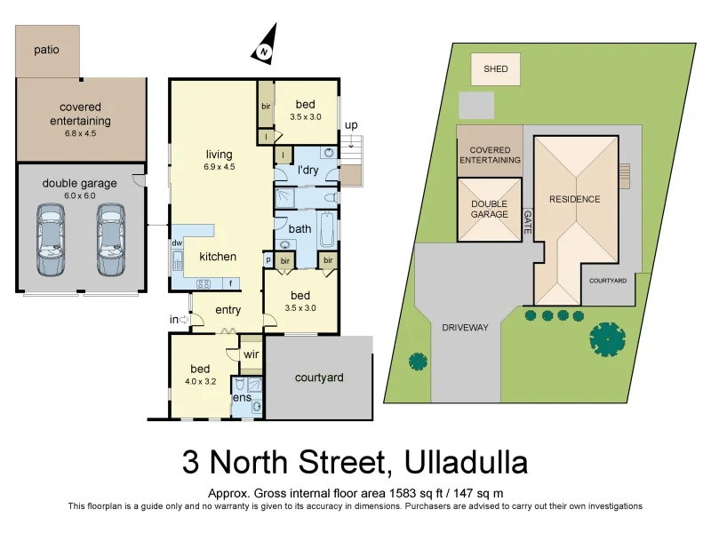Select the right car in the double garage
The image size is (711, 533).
click(110, 240)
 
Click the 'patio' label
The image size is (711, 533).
click(47, 50)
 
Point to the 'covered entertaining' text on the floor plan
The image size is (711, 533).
click(80, 114)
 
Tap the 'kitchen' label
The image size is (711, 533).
click(218, 257)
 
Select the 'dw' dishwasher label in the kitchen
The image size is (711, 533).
click(178, 243)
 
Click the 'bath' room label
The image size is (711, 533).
click(300, 228)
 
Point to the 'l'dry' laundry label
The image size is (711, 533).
click(308, 170)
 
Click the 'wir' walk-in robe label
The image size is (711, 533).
click(251, 354)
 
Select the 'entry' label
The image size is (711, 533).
click(228, 309)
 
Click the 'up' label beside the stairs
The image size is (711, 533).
click(351, 125)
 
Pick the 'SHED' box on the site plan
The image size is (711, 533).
click(495, 69)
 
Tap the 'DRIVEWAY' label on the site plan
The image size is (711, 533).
click(465, 328)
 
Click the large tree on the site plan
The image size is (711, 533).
click(607, 338)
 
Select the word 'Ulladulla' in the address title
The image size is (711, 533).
click(466, 463)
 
